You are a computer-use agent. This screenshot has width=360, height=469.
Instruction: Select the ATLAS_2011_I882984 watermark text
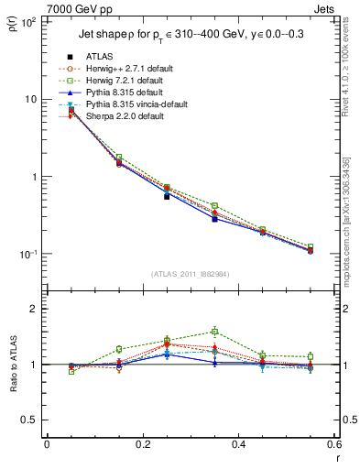(191, 274)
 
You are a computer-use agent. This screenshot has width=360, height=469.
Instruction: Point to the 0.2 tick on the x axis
(142, 444)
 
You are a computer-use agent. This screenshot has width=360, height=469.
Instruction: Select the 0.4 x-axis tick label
(238, 444)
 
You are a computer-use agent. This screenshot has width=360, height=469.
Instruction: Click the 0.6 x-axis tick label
(333, 444)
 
